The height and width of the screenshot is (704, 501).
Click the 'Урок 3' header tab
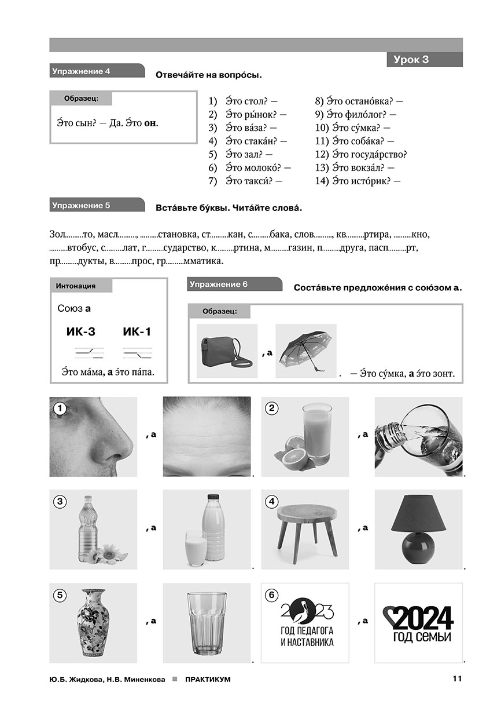[423, 60]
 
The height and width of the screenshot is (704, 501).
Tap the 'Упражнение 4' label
[82, 71]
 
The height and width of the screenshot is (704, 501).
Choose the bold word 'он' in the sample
[150, 123]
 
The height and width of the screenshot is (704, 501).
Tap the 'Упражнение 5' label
[82, 205]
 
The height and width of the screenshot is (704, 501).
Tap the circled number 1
[58, 408]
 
